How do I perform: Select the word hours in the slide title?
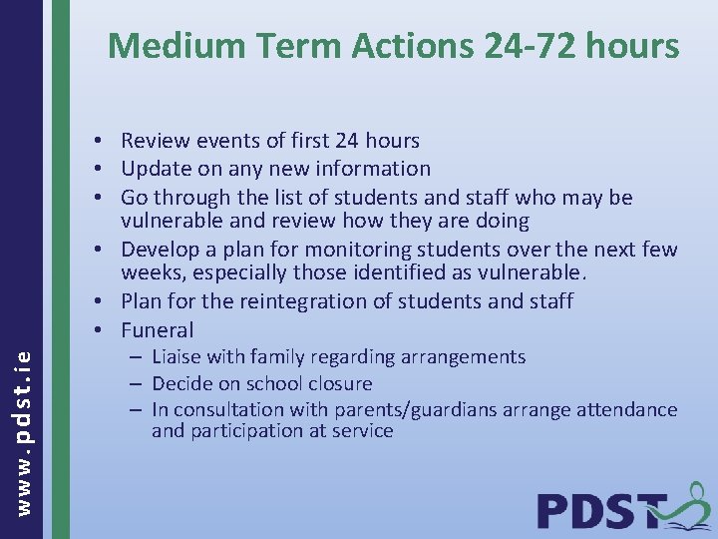632,46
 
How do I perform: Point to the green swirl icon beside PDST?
689,503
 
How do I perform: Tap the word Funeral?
158,330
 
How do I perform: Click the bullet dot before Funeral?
104,330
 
